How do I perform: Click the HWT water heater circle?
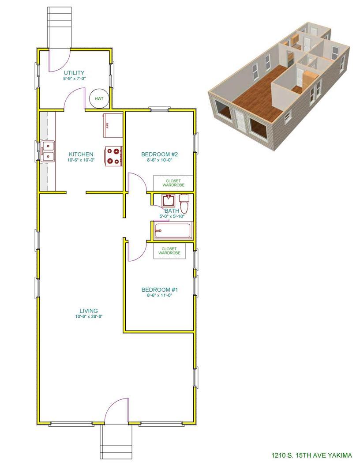(99, 98)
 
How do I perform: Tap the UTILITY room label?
(74, 73)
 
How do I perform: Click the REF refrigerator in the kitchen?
(113, 125)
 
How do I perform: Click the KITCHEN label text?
(81, 154)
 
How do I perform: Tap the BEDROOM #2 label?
(159, 154)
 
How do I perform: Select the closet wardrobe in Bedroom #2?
(173, 183)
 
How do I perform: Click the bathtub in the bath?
(172, 230)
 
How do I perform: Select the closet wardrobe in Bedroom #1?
(169, 251)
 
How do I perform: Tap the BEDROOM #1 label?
(160, 290)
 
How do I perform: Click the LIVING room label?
(89, 311)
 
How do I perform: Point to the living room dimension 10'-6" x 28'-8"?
(89, 316)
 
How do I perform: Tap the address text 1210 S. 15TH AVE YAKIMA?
(311, 455)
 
